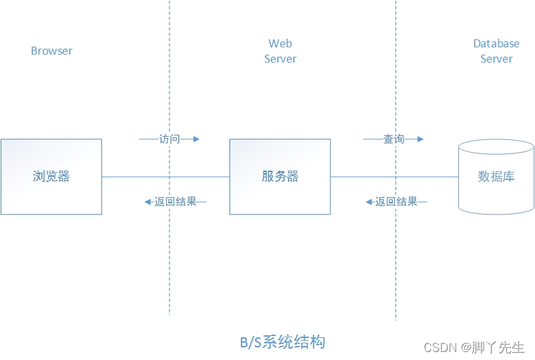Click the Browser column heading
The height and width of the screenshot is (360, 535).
tap(51, 51)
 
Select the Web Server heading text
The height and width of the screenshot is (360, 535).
tap(280, 51)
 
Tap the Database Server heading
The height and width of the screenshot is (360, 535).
tap(496, 51)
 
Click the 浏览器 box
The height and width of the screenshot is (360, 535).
tap(51, 177)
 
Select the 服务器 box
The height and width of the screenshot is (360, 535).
tap(280, 177)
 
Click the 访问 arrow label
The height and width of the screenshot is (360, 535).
tap(169, 139)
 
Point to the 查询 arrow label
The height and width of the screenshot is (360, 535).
tap(394, 139)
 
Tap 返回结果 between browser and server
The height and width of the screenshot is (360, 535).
tap(175, 201)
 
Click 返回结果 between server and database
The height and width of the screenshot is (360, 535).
tap(396, 201)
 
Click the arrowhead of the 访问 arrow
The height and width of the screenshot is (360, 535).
tap(196, 139)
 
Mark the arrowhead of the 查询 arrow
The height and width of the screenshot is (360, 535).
tap(420, 139)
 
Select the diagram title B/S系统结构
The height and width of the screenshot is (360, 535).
tap(283, 343)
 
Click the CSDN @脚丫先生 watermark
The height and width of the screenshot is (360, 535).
tap(474, 347)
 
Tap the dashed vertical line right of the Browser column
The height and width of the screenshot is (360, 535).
tap(169, 267)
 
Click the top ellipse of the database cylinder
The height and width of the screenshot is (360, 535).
tap(496, 147)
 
